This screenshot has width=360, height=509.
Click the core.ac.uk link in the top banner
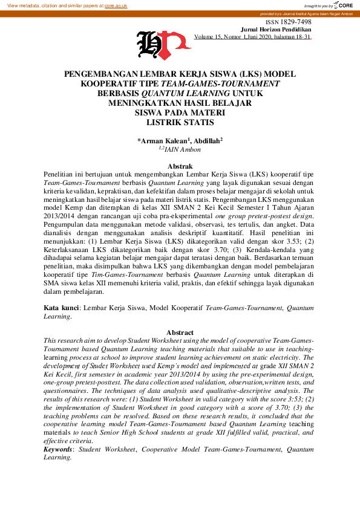click(116, 5)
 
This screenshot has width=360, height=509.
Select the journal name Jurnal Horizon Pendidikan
click(276, 29)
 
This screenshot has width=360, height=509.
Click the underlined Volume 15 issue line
click(252, 37)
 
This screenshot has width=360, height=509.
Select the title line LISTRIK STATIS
click(180, 122)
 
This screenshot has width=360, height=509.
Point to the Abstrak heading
click(180, 166)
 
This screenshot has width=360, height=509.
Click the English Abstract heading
click(180, 332)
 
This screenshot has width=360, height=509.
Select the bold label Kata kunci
click(61, 308)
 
